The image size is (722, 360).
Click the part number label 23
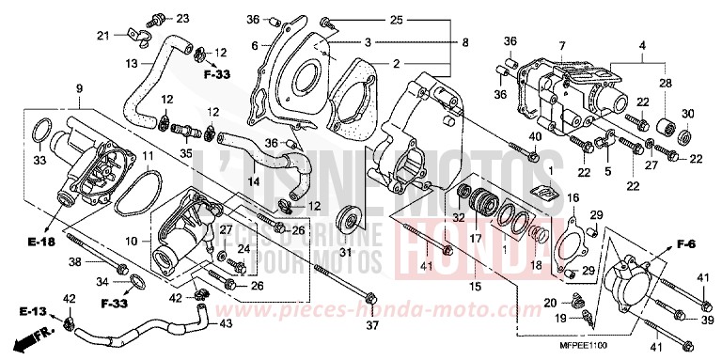182,18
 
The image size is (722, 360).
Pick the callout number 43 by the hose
225,324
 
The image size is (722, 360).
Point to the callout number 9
78,89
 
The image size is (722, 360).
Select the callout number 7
560,46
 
